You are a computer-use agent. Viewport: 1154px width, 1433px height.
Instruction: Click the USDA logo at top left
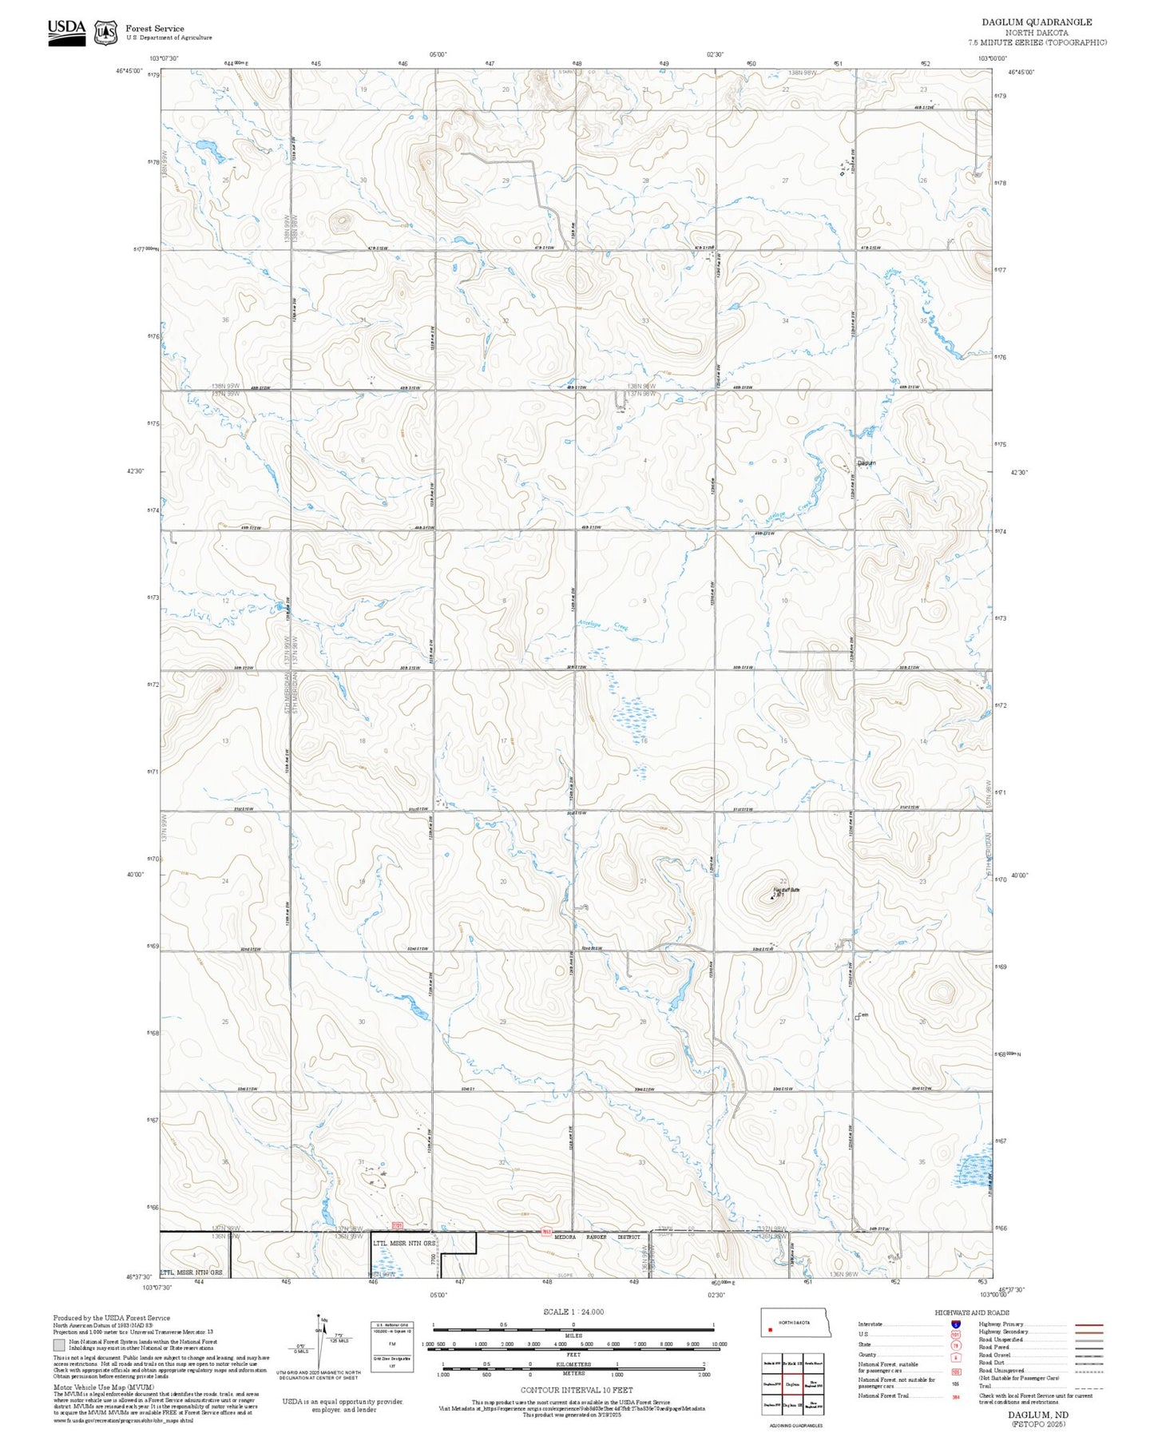tap(66, 32)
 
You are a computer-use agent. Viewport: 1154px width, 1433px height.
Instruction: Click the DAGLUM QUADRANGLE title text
tap(1037, 22)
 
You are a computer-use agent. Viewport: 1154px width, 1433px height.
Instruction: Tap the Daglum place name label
tap(866, 463)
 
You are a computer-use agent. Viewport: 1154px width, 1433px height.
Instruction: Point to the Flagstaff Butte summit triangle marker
tap(772, 898)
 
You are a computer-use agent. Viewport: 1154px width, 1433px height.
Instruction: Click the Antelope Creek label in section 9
tap(609, 627)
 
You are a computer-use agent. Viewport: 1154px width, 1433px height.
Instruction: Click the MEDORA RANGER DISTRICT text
tap(597, 1237)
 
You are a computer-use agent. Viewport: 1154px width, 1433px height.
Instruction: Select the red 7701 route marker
tap(397, 1224)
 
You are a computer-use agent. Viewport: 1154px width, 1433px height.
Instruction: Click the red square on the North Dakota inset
tap(769, 1331)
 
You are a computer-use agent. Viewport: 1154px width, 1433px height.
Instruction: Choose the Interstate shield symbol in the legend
tap(955, 1324)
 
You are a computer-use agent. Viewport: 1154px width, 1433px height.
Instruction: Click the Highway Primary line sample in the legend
tap(1089, 1324)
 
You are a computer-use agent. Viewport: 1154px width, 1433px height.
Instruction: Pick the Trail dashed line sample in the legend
tap(1089, 1388)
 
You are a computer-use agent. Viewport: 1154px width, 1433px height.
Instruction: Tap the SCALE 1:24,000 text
tap(573, 1312)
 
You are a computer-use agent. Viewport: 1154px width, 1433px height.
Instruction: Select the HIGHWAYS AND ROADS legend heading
tap(972, 1312)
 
